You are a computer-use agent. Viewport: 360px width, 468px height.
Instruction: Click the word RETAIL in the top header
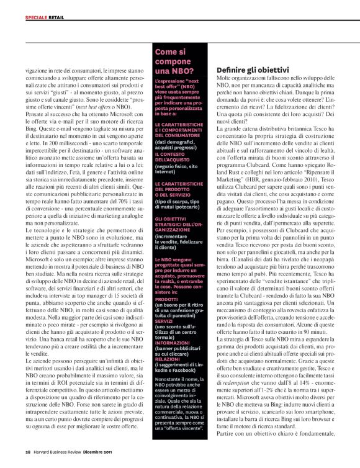tap(58, 19)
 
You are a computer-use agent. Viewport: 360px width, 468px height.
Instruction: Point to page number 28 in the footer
tap(29, 451)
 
